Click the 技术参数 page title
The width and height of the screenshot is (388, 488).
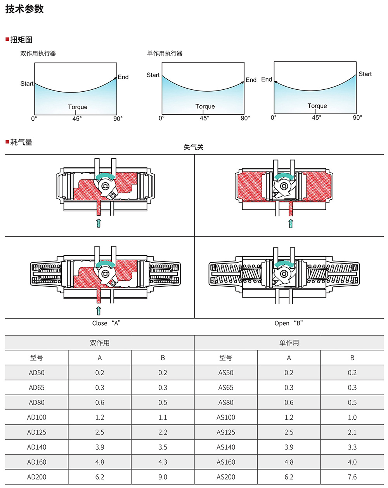(24, 9)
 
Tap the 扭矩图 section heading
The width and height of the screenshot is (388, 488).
(21, 40)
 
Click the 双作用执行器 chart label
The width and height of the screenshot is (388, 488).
(38, 54)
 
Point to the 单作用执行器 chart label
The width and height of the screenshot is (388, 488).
(165, 54)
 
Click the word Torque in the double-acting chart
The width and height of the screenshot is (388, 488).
(78, 107)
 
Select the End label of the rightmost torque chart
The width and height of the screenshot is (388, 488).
(267, 79)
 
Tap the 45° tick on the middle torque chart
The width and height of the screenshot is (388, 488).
(204, 118)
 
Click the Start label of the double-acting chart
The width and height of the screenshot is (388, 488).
(27, 84)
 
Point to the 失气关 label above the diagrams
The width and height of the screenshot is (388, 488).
(194, 147)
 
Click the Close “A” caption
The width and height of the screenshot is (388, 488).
(106, 323)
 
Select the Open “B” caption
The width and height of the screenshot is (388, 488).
(289, 323)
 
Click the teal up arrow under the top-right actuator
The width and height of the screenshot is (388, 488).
(291, 223)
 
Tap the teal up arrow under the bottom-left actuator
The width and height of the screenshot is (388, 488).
(99, 311)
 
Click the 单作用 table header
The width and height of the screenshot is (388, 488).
(289, 343)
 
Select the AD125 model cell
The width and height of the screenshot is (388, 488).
(37, 432)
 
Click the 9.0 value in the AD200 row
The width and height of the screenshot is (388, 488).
(163, 477)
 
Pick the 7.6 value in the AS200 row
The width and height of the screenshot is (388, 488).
(352, 477)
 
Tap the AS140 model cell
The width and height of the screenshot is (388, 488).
(226, 447)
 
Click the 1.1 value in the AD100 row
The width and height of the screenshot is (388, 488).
(163, 417)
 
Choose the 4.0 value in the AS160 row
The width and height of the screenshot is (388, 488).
(352, 462)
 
